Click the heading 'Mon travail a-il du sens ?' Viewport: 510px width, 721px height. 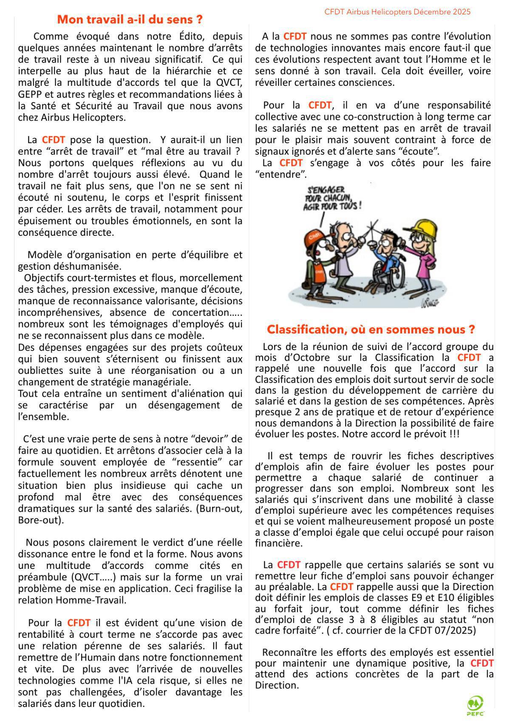pos(130,20)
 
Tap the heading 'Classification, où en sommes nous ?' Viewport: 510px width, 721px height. pos(371,329)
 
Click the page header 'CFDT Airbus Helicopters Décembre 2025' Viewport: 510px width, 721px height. pos(397,12)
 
